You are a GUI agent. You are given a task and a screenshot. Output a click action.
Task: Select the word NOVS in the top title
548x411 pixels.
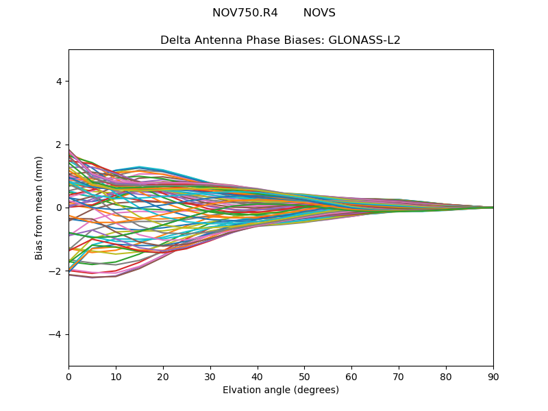[x=319, y=13]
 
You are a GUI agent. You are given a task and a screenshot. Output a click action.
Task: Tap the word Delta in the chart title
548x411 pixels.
[x=175, y=40]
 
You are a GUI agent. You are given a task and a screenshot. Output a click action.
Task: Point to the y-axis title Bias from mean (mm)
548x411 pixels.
[x=39, y=208]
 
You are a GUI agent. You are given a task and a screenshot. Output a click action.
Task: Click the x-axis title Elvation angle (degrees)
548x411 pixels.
[x=281, y=390]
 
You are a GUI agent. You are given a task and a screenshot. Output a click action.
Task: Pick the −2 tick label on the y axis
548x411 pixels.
[x=56, y=271]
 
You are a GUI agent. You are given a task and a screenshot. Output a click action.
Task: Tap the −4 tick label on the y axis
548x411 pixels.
[x=56, y=334]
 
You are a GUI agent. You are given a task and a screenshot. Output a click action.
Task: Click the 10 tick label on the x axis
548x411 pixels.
[x=116, y=377]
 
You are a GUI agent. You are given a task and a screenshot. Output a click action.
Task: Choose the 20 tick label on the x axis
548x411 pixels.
[x=163, y=377]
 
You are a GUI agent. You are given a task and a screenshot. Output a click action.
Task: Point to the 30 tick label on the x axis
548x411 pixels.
[x=210, y=377]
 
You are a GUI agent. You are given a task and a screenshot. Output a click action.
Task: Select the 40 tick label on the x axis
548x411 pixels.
[x=258, y=377]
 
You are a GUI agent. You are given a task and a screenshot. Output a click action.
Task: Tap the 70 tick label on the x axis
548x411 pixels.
[x=399, y=377]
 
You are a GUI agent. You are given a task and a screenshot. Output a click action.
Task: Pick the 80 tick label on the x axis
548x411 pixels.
[x=446, y=377]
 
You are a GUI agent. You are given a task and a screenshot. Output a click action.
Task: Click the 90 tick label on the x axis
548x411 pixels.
[x=493, y=377]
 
